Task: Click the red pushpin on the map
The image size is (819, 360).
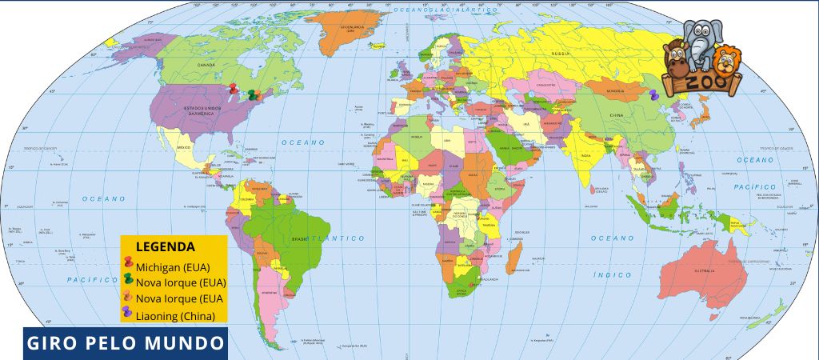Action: click(x=233, y=90)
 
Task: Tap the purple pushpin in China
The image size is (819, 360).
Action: click(x=654, y=94)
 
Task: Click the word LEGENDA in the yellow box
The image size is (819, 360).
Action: click(x=166, y=246)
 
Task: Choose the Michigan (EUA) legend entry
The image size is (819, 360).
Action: click(x=172, y=266)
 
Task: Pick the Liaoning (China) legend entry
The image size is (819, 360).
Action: click(x=175, y=315)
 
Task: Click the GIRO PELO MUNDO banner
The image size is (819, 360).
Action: click(x=125, y=344)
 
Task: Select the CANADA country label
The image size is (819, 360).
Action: click(x=207, y=64)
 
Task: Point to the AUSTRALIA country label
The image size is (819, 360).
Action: click(x=705, y=272)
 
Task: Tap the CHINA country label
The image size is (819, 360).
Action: click(x=616, y=115)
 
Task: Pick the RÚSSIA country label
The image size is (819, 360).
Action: click(x=560, y=54)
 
